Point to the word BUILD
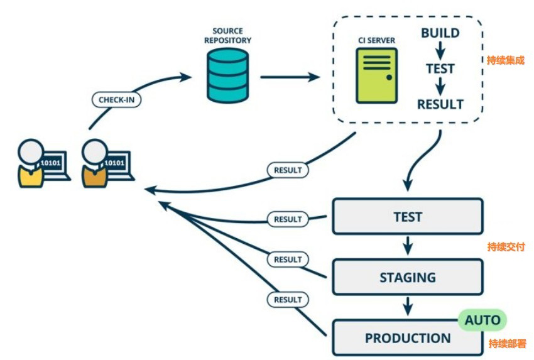coord(440,33)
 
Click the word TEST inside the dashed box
coord(440,68)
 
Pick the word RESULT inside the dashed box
coord(440,104)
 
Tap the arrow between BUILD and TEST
coord(440,50)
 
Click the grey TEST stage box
coord(407,217)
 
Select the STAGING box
coord(407,277)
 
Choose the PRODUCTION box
coord(407,337)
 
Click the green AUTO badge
coord(482,320)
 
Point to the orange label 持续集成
coord(505,61)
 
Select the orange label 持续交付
coord(506,247)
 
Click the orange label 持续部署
coord(506,344)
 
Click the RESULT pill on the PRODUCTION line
coord(288,300)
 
